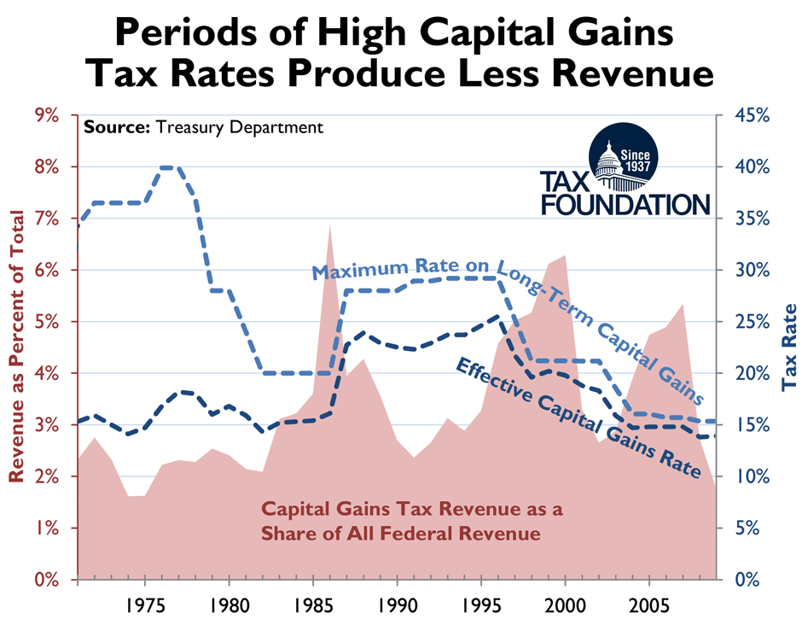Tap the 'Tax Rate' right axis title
pyautogui.click(x=789, y=347)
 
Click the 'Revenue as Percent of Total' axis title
pyautogui.click(x=15, y=347)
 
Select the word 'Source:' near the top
pyautogui.click(x=115, y=128)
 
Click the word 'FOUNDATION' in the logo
pyautogui.click(x=624, y=204)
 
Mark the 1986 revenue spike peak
pyautogui.click(x=329, y=225)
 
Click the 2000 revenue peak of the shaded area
pyautogui.click(x=564, y=255)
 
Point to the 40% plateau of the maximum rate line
pyautogui.click(x=169, y=167)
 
